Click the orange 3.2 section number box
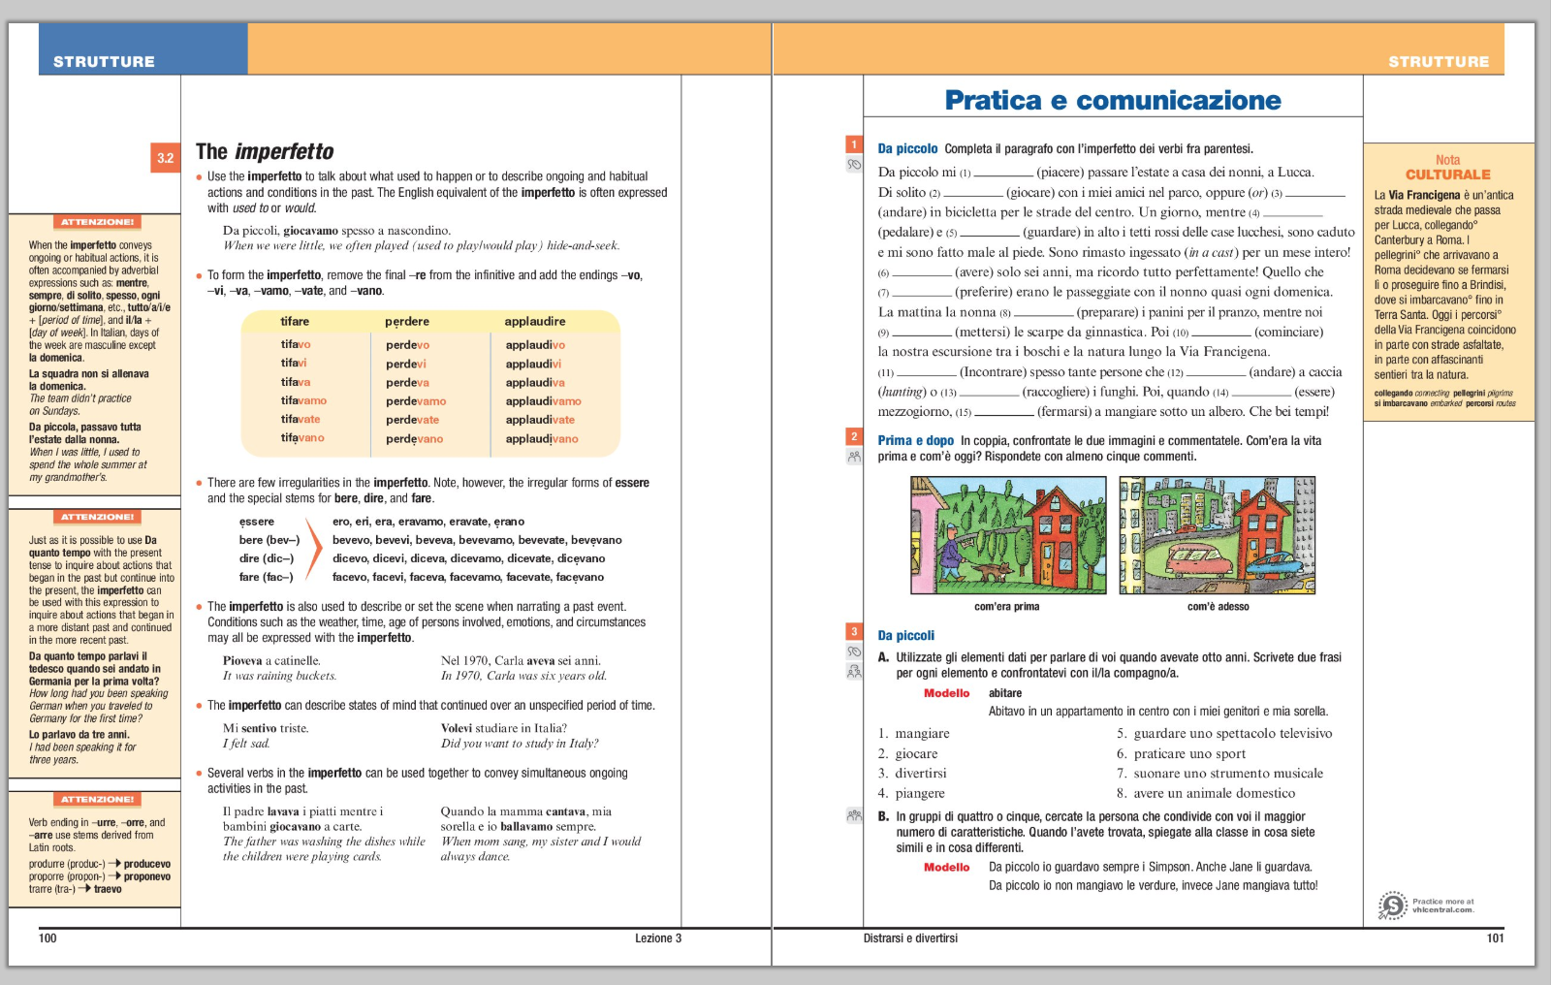pyautogui.click(x=166, y=158)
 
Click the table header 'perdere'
pyautogui.click(x=406, y=322)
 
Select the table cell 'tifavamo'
pyautogui.click(x=303, y=400)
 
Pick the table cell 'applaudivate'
pyautogui.click(x=540, y=420)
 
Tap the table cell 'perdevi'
pyautogui.click(x=405, y=364)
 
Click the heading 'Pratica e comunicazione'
pyautogui.click(x=1112, y=101)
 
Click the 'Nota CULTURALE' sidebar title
pyautogui.click(x=1447, y=168)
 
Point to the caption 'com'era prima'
pyautogui.click(x=1006, y=607)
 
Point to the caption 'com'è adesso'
pyautogui.click(x=1218, y=607)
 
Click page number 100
pyautogui.click(x=47, y=938)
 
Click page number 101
pyautogui.click(x=1495, y=938)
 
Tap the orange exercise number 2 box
pyautogui.click(x=854, y=436)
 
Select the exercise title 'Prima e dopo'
pyautogui.click(x=915, y=441)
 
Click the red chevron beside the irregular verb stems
pyautogui.click(x=313, y=549)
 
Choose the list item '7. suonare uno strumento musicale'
pyautogui.click(x=1219, y=774)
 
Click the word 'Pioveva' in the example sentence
pyautogui.click(x=242, y=661)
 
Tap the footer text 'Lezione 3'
pyautogui.click(x=658, y=938)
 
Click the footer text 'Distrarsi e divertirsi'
pyautogui.click(x=910, y=938)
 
